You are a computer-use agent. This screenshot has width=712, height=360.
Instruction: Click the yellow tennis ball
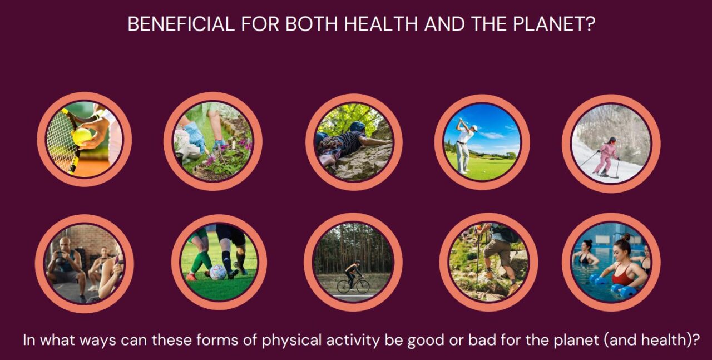pos(82,135)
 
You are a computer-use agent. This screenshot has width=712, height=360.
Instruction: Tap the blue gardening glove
pos(195,137)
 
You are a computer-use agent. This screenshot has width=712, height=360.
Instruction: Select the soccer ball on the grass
pos(217,272)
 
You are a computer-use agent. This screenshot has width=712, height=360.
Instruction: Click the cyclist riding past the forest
pos(352,276)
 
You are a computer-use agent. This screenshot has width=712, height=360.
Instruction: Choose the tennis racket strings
pos(60,139)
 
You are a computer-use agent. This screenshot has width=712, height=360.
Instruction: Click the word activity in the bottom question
pos(355,340)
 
